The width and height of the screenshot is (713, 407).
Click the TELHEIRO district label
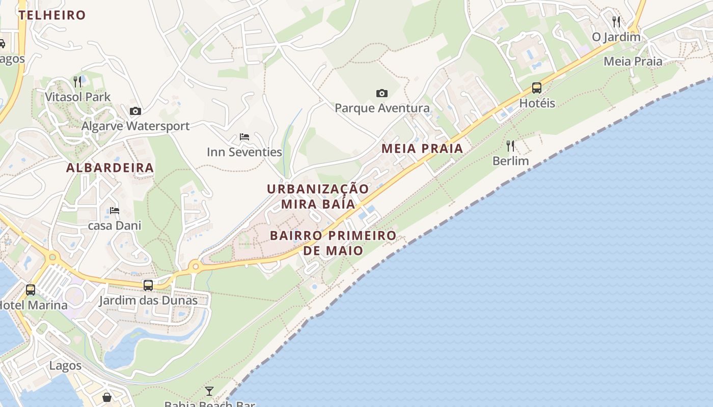tap(52, 15)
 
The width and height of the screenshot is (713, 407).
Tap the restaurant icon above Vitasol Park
tap(77, 81)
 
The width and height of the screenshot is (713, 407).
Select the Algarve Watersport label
tap(135, 126)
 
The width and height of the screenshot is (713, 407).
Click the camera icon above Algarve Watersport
tap(135, 111)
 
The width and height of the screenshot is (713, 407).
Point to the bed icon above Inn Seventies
tap(244, 137)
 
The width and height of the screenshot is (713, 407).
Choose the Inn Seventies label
tap(244, 152)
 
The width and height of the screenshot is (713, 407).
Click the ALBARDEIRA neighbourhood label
tap(110, 168)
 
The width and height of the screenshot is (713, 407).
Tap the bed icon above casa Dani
tap(115, 210)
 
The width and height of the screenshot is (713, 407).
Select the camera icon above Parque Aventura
tap(382, 93)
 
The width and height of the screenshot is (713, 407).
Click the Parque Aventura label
tap(382, 108)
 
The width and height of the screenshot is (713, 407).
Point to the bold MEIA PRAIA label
tap(422, 149)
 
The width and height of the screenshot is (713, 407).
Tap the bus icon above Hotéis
tap(537, 88)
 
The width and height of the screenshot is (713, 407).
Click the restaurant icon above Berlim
tap(510, 146)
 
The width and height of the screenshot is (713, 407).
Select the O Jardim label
tap(616, 37)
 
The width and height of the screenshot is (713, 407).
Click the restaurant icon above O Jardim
tap(616, 21)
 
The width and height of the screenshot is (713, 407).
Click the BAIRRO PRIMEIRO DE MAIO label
tap(333, 243)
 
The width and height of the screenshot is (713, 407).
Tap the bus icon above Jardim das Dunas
tap(148, 285)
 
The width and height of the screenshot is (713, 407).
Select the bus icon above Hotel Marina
tap(31, 290)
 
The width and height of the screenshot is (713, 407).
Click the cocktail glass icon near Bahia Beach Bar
tap(209, 391)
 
